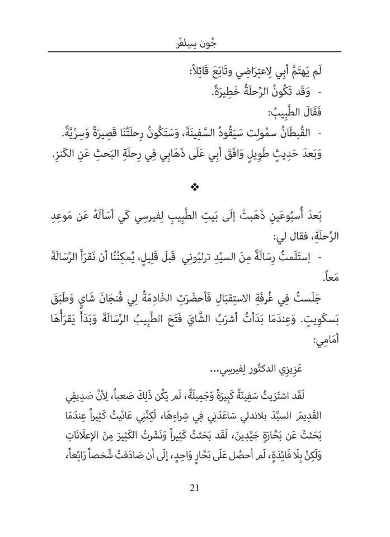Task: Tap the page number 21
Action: pos(195,503)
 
